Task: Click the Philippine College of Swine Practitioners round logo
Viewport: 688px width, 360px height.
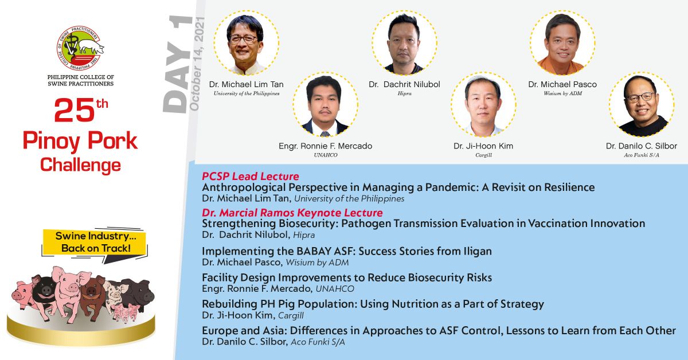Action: tap(80, 48)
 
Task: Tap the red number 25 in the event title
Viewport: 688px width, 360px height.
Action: tap(75, 110)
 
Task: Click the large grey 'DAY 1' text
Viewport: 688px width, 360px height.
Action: tap(177, 65)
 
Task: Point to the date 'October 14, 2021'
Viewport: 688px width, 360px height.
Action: tap(197, 64)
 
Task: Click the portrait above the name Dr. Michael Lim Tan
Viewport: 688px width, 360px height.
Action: tap(247, 43)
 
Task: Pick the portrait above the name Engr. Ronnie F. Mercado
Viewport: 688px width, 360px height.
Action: tap(325, 105)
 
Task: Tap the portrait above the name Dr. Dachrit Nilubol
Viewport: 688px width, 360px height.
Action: tap(405, 43)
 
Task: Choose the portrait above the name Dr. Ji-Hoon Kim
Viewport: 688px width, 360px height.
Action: tap(483, 105)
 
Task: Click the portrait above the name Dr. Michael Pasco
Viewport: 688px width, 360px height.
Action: tap(562, 43)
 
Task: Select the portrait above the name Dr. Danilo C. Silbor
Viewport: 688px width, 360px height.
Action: tap(642, 105)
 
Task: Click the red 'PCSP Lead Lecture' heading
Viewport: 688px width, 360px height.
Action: tap(251, 177)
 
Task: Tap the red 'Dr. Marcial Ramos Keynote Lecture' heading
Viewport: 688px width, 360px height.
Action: tap(292, 213)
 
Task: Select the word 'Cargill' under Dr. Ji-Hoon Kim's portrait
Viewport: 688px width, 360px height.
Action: tap(483, 155)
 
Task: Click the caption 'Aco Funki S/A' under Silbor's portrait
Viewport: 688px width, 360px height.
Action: tap(642, 155)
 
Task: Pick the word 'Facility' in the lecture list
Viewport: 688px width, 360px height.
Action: tap(219, 277)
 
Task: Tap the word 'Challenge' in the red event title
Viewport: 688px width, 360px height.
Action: tap(80, 166)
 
